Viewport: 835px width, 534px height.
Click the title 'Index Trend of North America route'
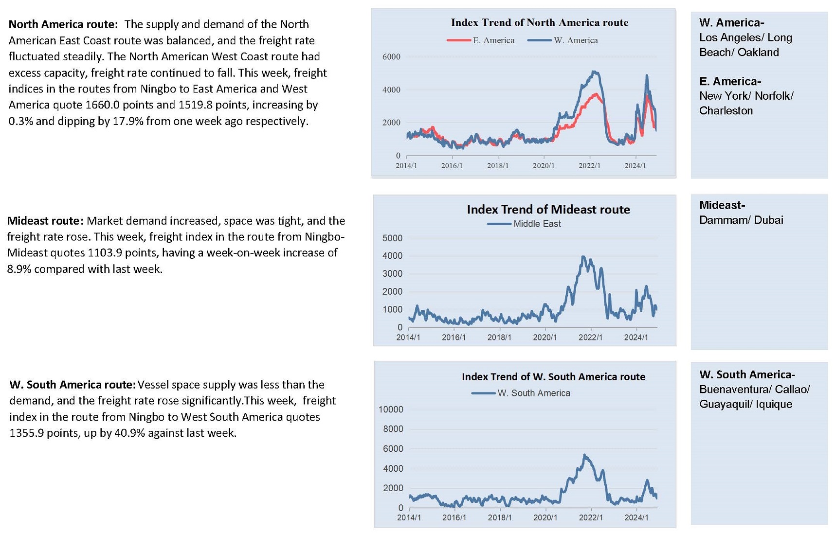coord(539,22)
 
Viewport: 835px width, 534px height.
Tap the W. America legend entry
coord(563,40)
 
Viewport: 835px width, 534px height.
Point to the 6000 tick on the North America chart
coord(391,56)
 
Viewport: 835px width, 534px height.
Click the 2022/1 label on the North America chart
coord(589,166)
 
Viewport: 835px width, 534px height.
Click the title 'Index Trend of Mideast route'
coord(548,210)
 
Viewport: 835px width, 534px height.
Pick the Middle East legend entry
coord(524,224)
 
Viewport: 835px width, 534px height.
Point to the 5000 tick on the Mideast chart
coord(393,238)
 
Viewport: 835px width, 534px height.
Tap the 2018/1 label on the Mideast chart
coord(499,337)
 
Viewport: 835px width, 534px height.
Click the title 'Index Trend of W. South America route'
coord(553,376)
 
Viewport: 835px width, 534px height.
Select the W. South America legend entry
coord(521,393)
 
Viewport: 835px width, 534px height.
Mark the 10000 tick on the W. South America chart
coord(391,409)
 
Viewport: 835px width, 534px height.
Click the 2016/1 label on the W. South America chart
coord(454,517)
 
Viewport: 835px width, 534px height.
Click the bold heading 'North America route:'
coord(63,24)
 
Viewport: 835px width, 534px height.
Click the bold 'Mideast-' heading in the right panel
coord(722,205)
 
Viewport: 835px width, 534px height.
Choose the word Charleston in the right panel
coord(726,111)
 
